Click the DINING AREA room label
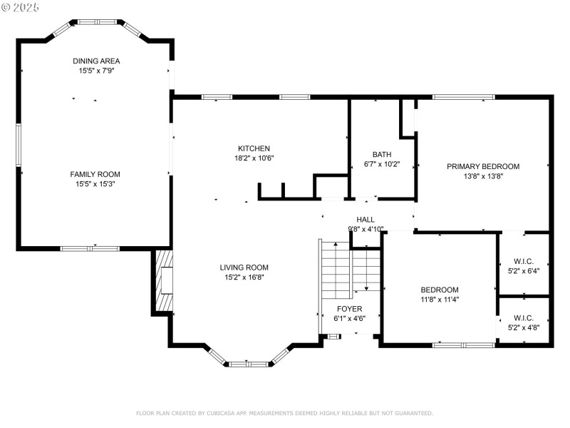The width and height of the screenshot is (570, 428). [95, 61]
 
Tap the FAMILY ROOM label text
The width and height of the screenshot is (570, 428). [95, 174]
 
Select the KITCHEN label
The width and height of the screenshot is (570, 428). [254, 148]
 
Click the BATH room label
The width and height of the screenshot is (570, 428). [382, 154]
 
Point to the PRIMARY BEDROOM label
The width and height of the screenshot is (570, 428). [483, 166]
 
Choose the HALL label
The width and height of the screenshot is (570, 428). [366, 220]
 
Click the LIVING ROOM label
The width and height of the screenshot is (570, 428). [244, 267]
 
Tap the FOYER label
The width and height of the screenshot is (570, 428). [350, 309]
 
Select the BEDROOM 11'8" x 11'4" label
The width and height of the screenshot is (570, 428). [440, 290]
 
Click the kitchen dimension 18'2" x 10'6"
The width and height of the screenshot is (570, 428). [254, 158]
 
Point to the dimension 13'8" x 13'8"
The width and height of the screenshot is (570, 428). [483, 176]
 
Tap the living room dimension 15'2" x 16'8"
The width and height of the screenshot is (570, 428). [244, 277]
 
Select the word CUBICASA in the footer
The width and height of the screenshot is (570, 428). [221, 413]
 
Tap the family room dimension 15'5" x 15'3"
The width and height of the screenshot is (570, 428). [95, 184]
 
